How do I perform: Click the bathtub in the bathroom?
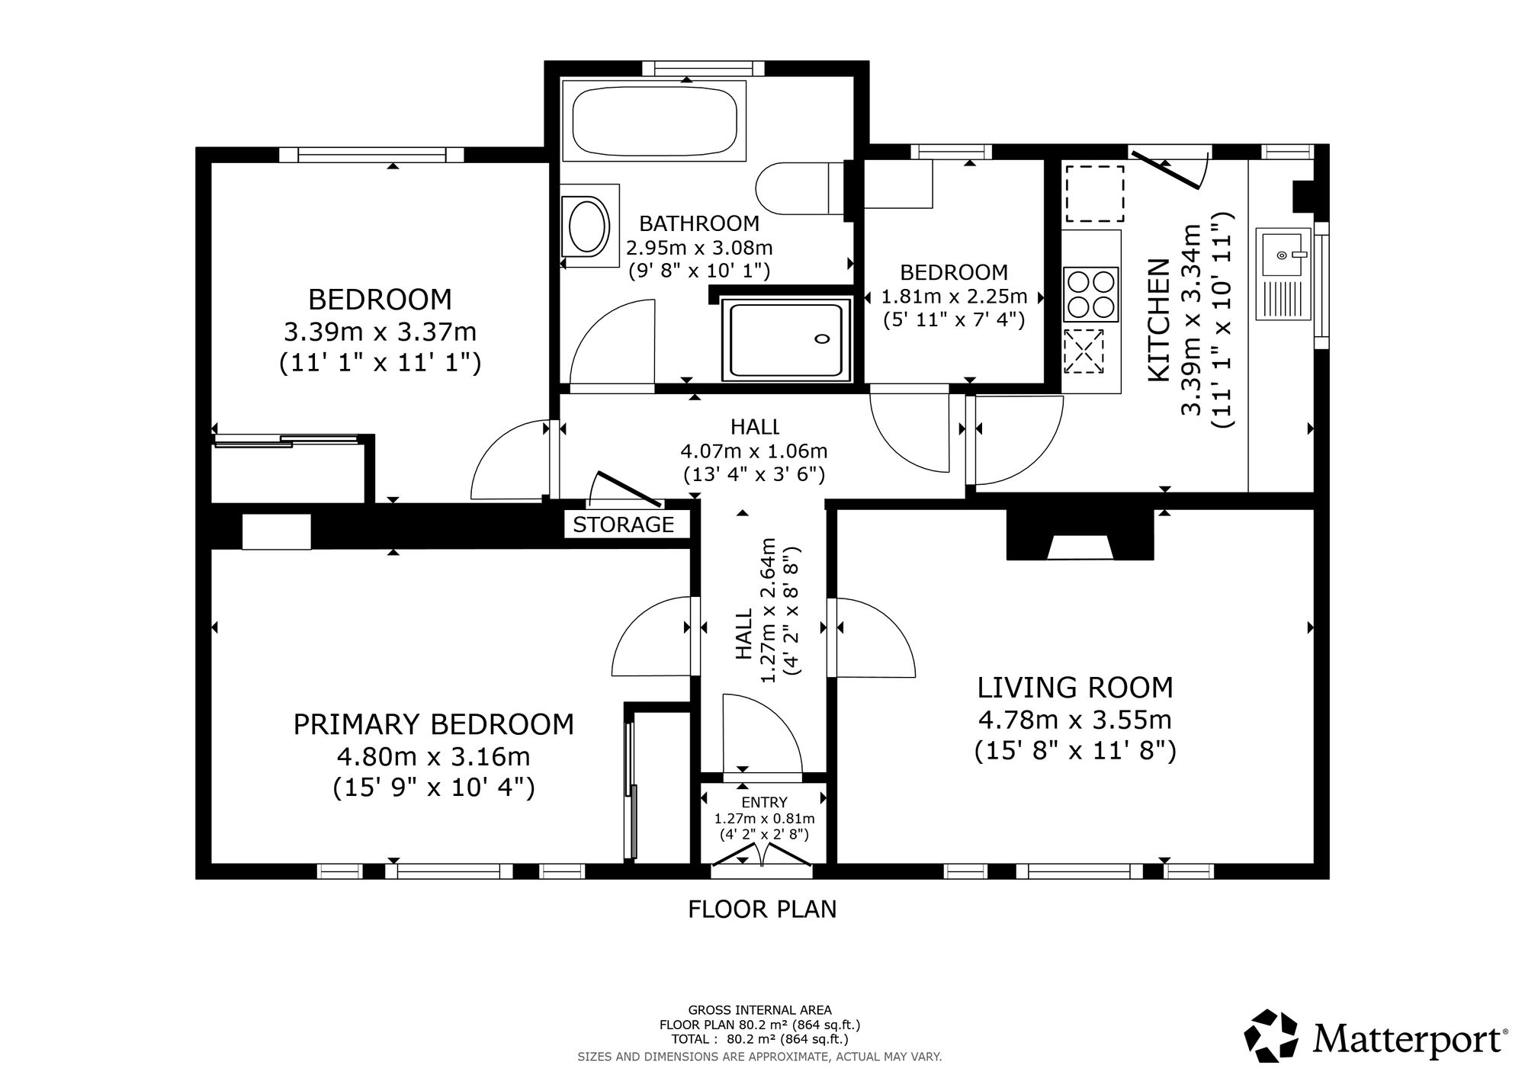coord(654,120)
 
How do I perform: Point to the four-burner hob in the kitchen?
coord(1091,294)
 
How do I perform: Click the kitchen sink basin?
coord(1284,254)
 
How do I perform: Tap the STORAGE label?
coord(624,525)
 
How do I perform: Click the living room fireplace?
coord(1080,534)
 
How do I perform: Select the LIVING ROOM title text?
coord(1075,688)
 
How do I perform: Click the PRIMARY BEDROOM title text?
coord(434,724)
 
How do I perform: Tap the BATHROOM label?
coord(699,223)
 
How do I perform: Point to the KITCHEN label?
coord(1159,320)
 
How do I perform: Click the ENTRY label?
coord(764,802)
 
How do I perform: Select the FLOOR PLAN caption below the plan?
coord(762,910)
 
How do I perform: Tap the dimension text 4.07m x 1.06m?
coord(754,451)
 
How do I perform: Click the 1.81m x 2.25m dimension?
coord(954,296)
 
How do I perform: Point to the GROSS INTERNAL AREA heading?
coord(760,1011)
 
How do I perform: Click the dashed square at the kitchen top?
coord(1095,193)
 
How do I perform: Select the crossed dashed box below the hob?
coord(1084,351)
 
